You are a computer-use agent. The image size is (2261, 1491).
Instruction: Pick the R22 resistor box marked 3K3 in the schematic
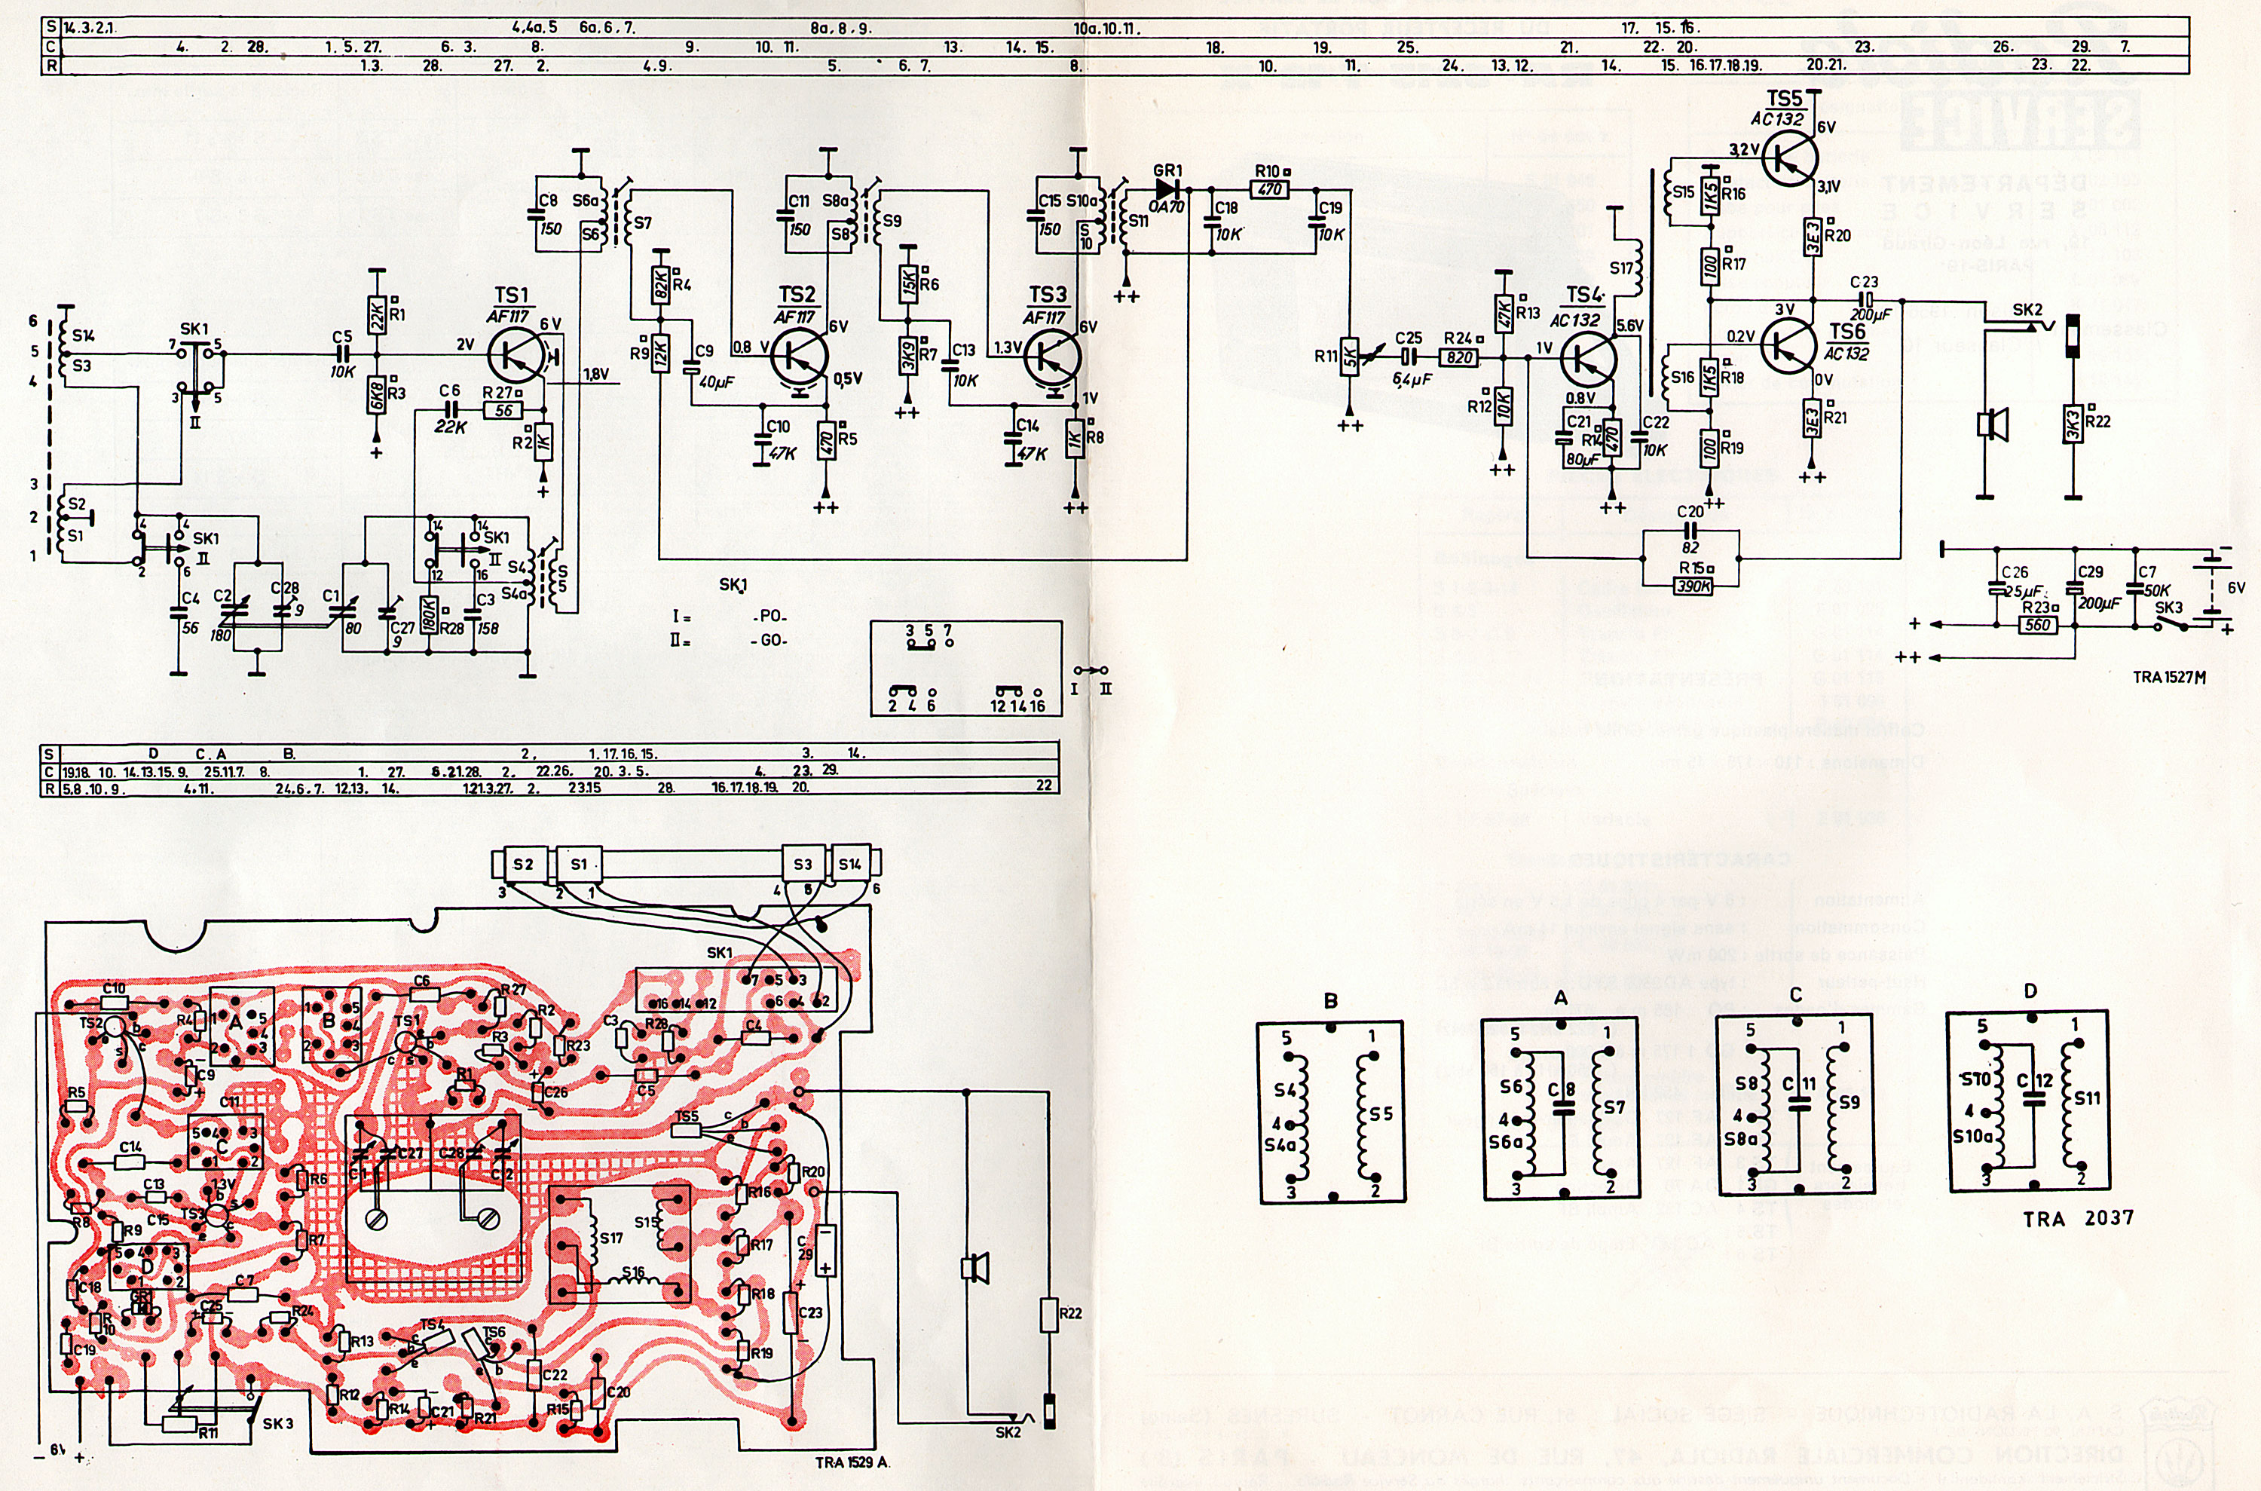coord(2073,424)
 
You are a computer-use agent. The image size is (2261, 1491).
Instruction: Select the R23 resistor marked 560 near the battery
coord(2038,626)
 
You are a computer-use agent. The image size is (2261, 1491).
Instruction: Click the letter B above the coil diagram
coord(1331,1000)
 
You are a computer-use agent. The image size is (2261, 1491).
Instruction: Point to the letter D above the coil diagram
coord(2031,990)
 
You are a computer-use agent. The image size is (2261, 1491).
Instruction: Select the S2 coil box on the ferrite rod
coord(523,865)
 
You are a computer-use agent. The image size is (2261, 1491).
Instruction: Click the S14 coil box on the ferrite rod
coord(849,865)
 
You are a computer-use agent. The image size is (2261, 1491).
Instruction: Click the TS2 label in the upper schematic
coord(797,295)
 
